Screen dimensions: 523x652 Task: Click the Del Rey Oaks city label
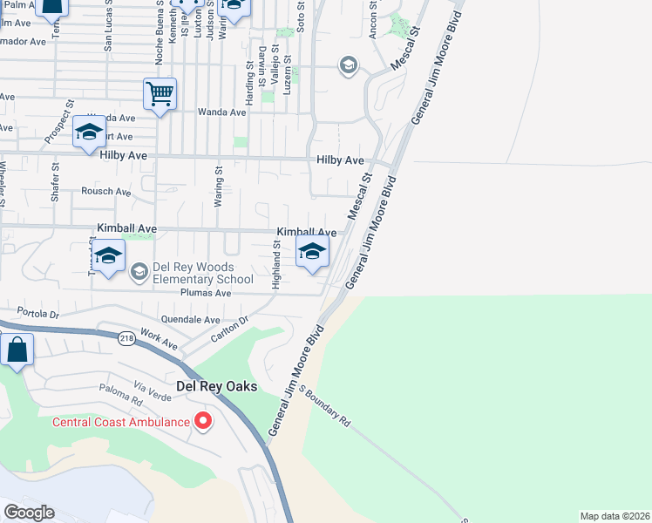pos(216,386)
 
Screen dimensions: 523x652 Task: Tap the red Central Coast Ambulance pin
pos(203,422)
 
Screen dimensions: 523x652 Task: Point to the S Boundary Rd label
pos(324,405)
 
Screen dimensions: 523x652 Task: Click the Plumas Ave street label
pos(205,294)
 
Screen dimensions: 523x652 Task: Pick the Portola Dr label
pos(37,313)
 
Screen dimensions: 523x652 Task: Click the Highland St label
pos(275,266)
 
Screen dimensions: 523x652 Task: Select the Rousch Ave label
pos(105,192)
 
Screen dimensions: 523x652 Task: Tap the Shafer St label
pos(55,184)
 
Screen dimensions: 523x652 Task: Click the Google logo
pos(29,513)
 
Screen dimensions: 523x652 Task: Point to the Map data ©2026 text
pos(615,516)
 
